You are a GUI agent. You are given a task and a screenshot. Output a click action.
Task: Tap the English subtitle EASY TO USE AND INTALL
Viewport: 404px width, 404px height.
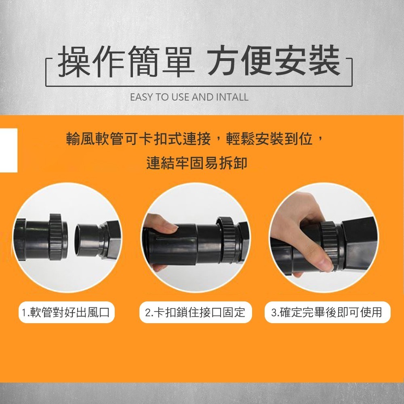pos(189,97)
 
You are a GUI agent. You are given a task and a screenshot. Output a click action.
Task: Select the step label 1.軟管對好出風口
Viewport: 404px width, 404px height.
pos(67,312)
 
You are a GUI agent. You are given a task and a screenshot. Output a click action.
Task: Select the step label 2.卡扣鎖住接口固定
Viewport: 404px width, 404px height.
pos(195,312)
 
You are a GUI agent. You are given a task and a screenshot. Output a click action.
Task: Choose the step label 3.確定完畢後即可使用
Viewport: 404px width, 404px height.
pos(327,312)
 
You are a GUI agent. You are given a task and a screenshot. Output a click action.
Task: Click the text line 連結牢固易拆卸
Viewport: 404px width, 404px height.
pos(197,163)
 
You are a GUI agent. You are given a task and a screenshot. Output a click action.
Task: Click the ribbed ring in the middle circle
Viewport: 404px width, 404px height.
pos(227,238)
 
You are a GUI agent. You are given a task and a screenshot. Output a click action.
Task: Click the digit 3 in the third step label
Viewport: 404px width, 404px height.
pos(274,313)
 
